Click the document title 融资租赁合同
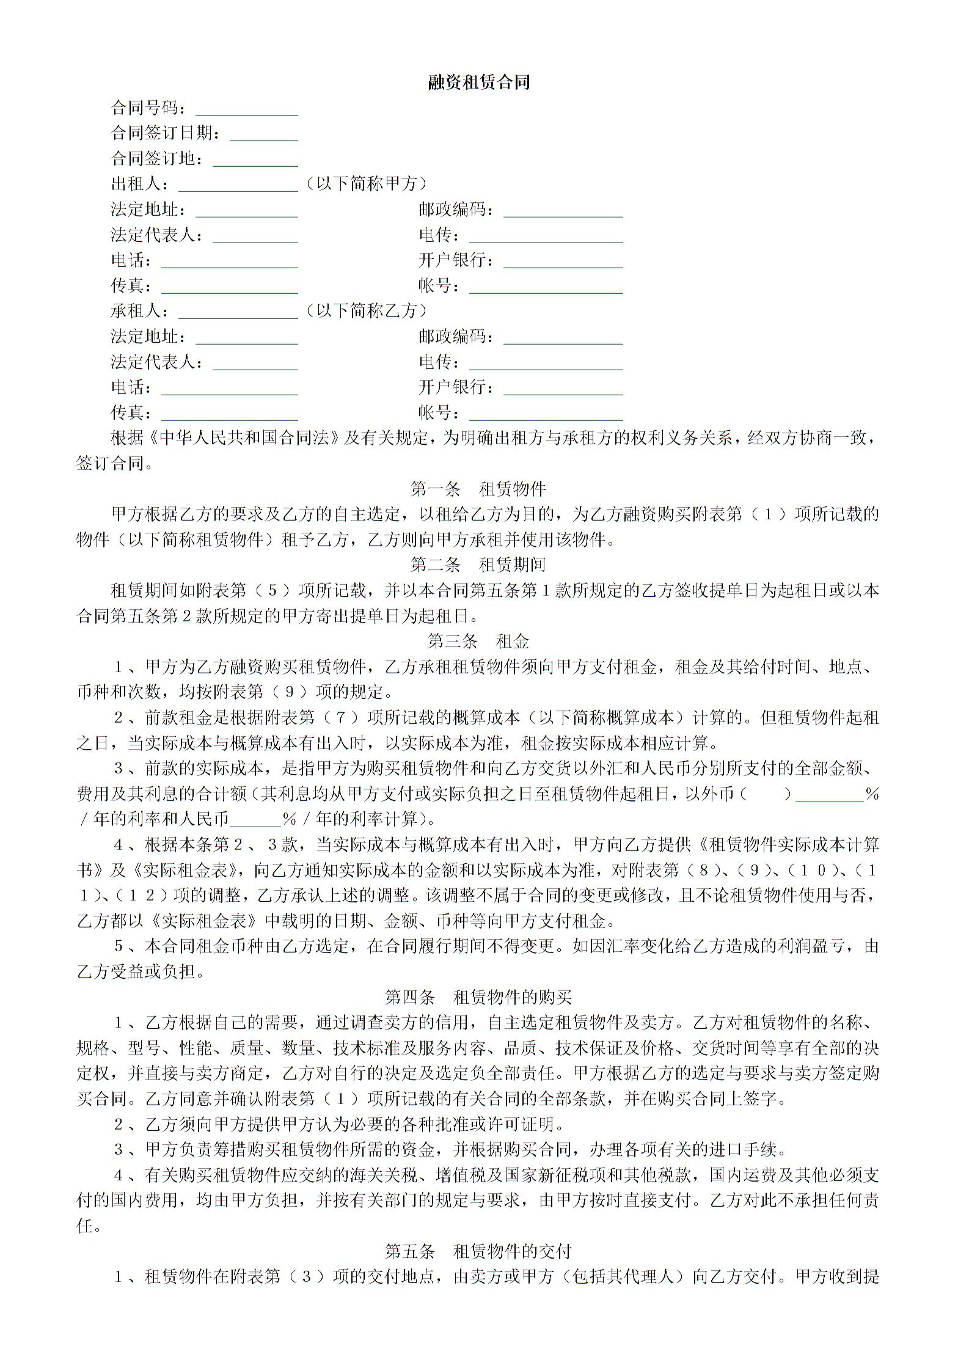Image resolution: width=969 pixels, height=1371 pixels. (x=478, y=82)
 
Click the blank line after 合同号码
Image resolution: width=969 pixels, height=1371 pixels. (x=246, y=110)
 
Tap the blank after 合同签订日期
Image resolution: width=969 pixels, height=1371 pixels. (x=263, y=135)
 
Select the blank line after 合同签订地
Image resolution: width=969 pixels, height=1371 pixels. (x=255, y=161)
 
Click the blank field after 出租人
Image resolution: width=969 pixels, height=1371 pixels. (x=238, y=186)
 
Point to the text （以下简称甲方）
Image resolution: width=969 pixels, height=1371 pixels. (x=366, y=184)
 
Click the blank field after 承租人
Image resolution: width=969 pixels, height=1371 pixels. (x=238, y=313)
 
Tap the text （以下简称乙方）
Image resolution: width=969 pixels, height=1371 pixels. (x=366, y=311)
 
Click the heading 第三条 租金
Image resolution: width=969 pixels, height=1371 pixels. (x=478, y=641)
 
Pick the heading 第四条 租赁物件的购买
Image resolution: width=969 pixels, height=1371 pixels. (x=478, y=997)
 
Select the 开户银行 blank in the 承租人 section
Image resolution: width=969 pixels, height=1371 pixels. (x=563, y=389)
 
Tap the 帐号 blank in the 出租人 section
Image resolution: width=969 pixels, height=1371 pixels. (x=546, y=288)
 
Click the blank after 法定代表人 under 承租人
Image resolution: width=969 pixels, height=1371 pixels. (x=255, y=364)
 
